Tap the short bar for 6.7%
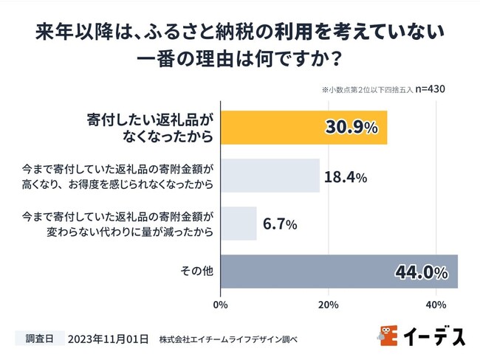[x=238, y=224]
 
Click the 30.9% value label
[x=351, y=128]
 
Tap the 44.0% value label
[x=421, y=272]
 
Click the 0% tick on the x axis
[x=220, y=303]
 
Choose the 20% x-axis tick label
[x=328, y=303]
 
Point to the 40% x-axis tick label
[x=436, y=303]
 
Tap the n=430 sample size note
[x=430, y=89]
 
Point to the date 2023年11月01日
[x=109, y=339]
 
